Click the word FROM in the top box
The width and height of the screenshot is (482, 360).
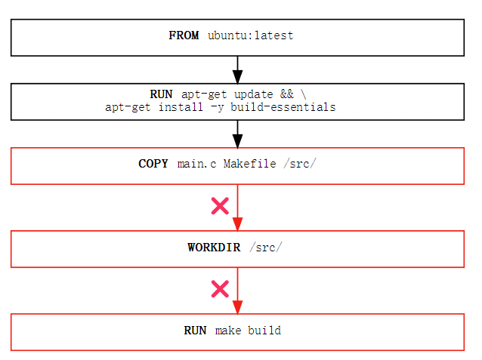click(184, 35)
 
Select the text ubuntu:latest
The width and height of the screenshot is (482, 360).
click(250, 35)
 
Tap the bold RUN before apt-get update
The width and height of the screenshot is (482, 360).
click(161, 94)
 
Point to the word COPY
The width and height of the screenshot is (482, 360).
click(154, 164)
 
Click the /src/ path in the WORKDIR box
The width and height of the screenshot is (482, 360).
click(265, 247)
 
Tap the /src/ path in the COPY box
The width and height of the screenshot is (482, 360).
click(299, 164)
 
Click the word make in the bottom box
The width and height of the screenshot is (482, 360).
click(228, 330)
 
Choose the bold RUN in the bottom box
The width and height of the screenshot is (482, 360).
click(195, 330)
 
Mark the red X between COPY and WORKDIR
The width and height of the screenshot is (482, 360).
click(220, 205)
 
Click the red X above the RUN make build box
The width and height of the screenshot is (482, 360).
click(220, 288)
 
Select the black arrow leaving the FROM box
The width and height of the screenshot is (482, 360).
click(237, 69)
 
